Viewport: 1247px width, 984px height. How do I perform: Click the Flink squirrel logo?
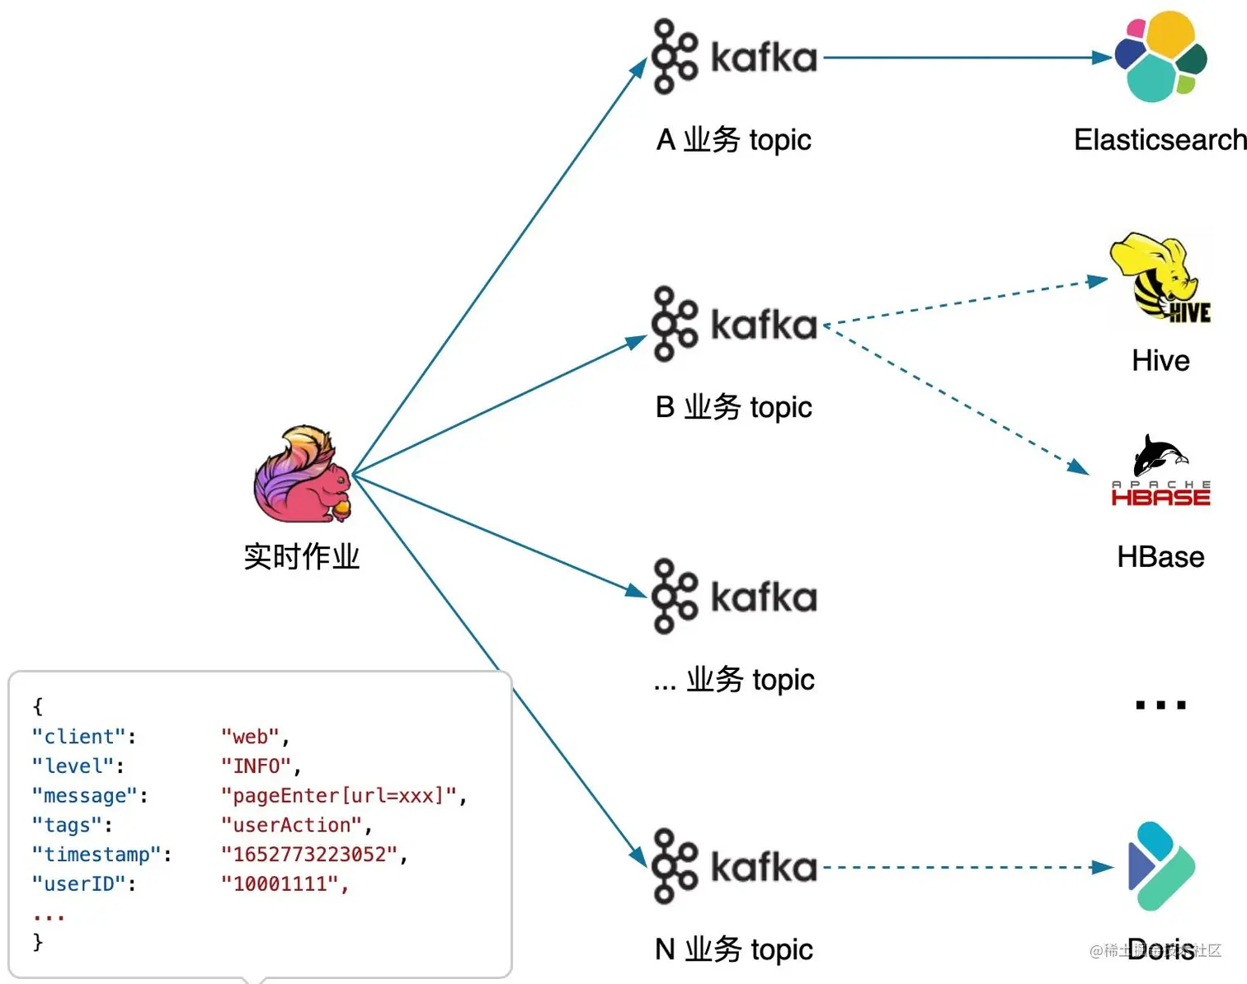(x=303, y=474)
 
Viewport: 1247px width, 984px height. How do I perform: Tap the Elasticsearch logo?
(x=1161, y=56)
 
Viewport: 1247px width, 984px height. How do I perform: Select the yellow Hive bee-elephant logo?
(x=1160, y=278)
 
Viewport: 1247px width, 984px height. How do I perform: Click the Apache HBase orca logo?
(x=1160, y=470)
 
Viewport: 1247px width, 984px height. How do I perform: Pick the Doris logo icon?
(x=1161, y=866)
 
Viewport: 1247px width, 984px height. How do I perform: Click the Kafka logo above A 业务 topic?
(x=734, y=56)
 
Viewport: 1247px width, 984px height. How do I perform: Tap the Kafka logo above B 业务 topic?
(x=734, y=324)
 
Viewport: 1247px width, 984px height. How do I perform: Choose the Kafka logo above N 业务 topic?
(x=734, y=866)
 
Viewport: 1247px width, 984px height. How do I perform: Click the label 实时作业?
(x=301, y=556)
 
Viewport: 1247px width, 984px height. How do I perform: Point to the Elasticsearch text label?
(x=1160, y=139)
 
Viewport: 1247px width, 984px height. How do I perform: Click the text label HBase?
(x=1160, y=556)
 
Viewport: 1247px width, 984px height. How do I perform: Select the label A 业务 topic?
(x=733, y=139)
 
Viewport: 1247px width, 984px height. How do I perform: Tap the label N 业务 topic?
(x=733, y=949)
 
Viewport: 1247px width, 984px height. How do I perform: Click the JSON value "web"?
(x=251, y=736)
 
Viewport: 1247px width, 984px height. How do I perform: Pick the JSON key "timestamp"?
(x=96, y=855)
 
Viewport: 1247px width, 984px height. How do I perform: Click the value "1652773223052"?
(x=309, y=855)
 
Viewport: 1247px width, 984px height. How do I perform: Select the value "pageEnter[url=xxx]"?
(x=339, y=795)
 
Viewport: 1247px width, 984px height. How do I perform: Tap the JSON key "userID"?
(x=79, y=883)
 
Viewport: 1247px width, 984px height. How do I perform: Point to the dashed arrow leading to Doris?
(x=968, y=867)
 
